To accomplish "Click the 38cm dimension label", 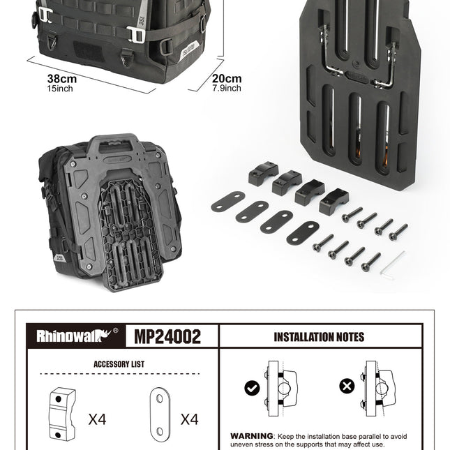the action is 62,79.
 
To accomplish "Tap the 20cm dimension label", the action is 227,78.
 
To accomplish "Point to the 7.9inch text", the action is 227,88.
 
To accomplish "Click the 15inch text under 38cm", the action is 60,89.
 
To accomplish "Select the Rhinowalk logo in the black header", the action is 77,335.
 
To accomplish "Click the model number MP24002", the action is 167,336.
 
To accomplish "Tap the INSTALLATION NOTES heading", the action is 319,337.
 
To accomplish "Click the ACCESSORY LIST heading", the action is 119,364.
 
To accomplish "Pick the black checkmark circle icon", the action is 252,388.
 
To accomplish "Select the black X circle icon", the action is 347,386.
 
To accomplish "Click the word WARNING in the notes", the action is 252,436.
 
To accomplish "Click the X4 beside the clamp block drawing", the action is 97,419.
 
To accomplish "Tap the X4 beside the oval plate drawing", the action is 189,419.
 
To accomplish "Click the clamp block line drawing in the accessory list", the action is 62,414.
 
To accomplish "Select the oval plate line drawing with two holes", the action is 160,414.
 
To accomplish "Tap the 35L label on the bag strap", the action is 142,21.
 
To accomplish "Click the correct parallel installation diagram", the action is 280,389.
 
